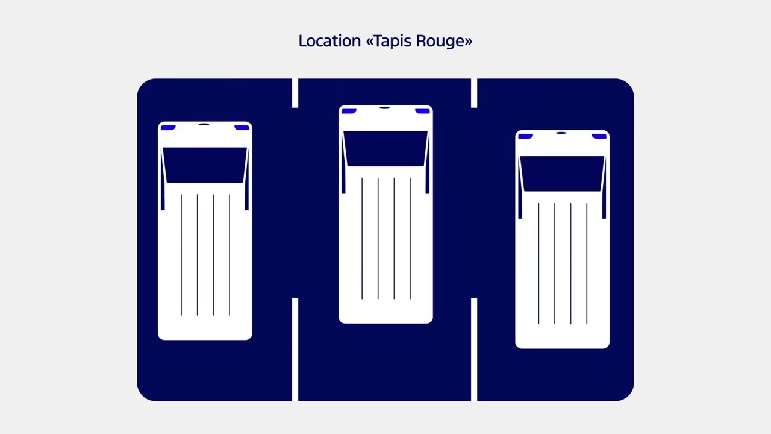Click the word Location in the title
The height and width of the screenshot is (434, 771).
pos(329,41)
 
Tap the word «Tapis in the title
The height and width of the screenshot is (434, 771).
pos(389,42)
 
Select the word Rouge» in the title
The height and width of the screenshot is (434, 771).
pos(445,42)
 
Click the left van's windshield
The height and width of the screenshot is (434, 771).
pos(205,165)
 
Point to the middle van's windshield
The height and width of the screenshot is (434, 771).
pos(385,148)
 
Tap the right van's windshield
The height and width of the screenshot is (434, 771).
pos(562,174)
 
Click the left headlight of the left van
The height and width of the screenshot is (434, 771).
pos(168,128)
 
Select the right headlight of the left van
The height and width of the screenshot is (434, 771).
pos(242,128)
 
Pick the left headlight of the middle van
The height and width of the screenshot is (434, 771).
pos(349,112)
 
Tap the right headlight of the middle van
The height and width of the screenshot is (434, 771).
pos(422,112)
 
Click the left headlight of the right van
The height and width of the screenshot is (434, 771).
pos(526,136)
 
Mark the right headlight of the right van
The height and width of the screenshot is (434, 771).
pos(599,136)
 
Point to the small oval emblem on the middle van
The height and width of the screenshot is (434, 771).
pos(384,108)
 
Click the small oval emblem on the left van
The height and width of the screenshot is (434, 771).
pos(204,124)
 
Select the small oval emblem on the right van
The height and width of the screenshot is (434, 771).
pos(561,133)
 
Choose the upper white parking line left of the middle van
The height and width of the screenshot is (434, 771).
pos(295,93)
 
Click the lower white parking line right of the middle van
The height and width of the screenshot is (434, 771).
pos(474,349)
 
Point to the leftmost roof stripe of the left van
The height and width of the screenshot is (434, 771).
pos(181,255)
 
